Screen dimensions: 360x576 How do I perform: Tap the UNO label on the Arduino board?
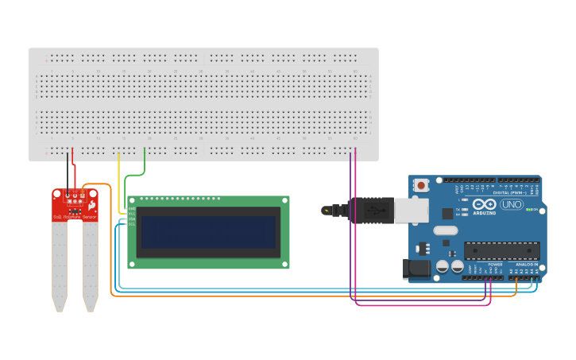511,204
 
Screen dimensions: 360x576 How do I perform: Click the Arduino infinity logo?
484,204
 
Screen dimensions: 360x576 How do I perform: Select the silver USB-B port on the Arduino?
412,211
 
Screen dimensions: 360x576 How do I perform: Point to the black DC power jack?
416,269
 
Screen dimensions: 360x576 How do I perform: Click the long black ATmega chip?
501,250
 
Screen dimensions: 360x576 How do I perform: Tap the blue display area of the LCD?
208,232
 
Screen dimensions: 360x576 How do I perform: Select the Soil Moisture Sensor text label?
75,217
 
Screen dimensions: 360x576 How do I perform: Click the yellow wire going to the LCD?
119,183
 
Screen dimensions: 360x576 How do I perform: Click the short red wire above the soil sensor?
74,168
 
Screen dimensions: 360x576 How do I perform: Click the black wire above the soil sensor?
68,168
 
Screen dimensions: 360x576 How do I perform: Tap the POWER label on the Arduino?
495,264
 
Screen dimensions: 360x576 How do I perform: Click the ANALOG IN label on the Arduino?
526,264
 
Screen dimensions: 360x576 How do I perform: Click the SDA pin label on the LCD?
132,219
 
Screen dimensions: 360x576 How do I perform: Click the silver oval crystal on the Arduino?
446,230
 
